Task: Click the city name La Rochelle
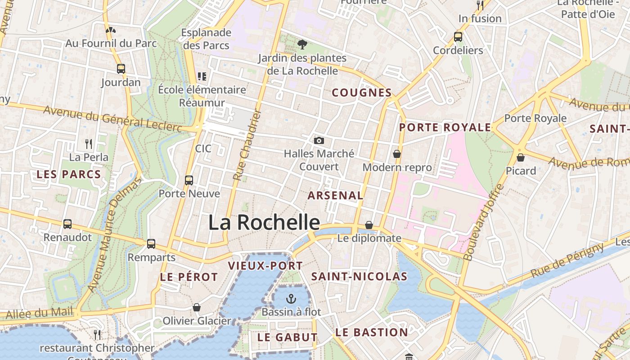[264, 222]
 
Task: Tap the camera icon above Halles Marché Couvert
[319, 140]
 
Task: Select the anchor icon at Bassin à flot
[291, 298]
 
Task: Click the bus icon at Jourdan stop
[121, 69]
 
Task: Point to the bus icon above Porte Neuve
[189, 180]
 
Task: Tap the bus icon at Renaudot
[67, 224]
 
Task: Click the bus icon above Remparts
[151, 244]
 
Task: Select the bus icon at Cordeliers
[458, 37]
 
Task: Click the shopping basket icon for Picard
[521, 157]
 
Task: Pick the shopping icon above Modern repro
[397, 154]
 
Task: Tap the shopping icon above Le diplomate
[369, 225]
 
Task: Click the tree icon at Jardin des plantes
[302, 44]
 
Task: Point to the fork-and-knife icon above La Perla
[89, 144]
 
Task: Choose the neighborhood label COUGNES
[361, 93]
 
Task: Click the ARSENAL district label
[335, 195]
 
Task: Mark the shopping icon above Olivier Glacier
[197, 307]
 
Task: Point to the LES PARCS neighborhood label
[68, 174]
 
